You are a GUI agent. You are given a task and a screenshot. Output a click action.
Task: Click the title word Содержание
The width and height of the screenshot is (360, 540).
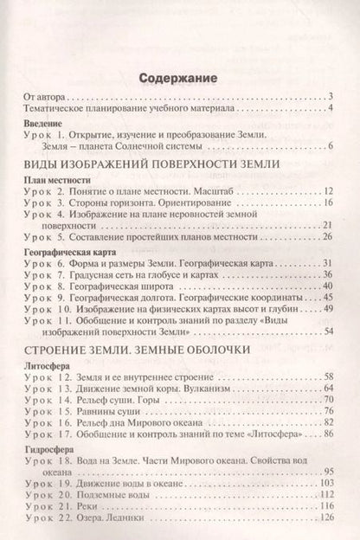click(180, 80)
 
